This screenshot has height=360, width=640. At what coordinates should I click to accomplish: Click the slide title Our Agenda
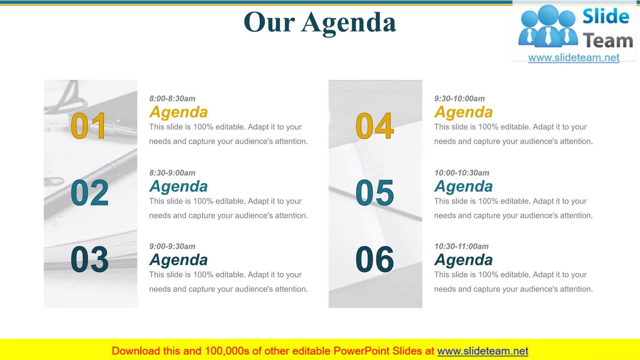tap(320, 22)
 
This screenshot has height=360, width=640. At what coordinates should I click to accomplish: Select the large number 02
tap(90, 193)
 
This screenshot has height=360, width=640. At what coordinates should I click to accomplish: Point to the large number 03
tap(90, 259)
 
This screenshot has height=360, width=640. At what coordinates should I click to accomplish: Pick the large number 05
tap(375, 193)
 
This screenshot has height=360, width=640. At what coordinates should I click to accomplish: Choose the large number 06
tap(375, 259)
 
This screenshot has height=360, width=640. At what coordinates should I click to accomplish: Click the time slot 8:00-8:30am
tap(172, 98)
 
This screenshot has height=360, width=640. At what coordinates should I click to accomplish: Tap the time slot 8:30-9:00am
tap(172, 173)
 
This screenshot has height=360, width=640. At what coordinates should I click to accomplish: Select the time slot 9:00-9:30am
tap(172, 246)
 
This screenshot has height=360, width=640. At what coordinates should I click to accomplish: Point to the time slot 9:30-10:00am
tap(459, 98)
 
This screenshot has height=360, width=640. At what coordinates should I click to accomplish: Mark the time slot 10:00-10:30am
tap(462, 173)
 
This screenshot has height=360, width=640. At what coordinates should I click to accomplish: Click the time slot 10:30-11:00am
tap(461, 246)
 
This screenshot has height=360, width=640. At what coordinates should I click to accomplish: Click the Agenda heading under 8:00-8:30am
tap(178, 112)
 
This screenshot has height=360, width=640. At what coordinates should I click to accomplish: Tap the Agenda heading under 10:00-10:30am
tap(463, 187)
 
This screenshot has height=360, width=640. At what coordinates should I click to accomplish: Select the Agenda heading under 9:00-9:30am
tap(178, 260)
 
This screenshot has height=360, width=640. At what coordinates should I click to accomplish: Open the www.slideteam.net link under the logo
tap(574, 58)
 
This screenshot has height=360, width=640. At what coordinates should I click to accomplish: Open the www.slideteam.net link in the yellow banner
tap(482, 351)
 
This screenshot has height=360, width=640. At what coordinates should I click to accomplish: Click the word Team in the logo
tap(608, 41)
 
